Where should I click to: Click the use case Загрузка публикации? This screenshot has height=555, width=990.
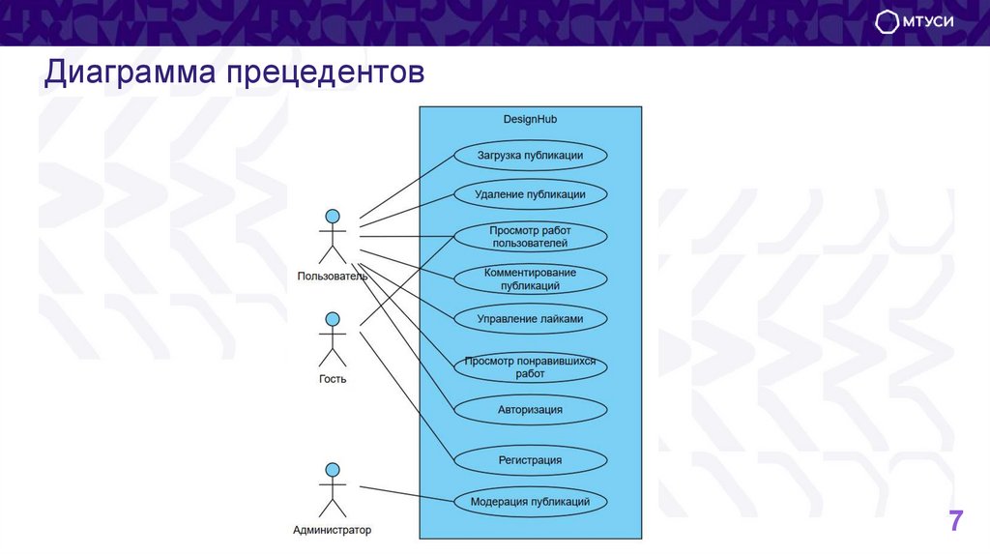coord(530,155)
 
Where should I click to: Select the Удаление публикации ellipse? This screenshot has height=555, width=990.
coord(530,194)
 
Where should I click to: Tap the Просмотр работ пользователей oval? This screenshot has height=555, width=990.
coord(530,237)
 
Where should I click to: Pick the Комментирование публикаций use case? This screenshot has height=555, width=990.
coord(530,279)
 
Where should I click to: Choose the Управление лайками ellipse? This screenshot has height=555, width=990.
coord(530,318)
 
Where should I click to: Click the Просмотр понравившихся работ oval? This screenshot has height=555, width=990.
coord(530,366)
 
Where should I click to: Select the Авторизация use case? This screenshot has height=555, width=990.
coord(530,409)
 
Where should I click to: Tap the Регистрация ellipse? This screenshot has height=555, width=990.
coord(530,460)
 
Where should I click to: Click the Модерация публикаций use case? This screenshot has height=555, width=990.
coord(530,502)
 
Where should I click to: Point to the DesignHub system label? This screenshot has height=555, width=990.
coord(530,119)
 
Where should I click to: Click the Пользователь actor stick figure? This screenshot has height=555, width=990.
coord(333,236)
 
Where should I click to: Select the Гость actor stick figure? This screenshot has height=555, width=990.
coord(333,338)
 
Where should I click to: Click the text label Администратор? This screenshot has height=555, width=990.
coord(332,530)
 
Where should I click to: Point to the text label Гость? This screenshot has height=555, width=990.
coord(332,379)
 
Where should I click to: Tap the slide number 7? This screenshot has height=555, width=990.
coord(955,521)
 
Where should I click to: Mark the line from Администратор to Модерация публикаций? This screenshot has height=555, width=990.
coord(406,493)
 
